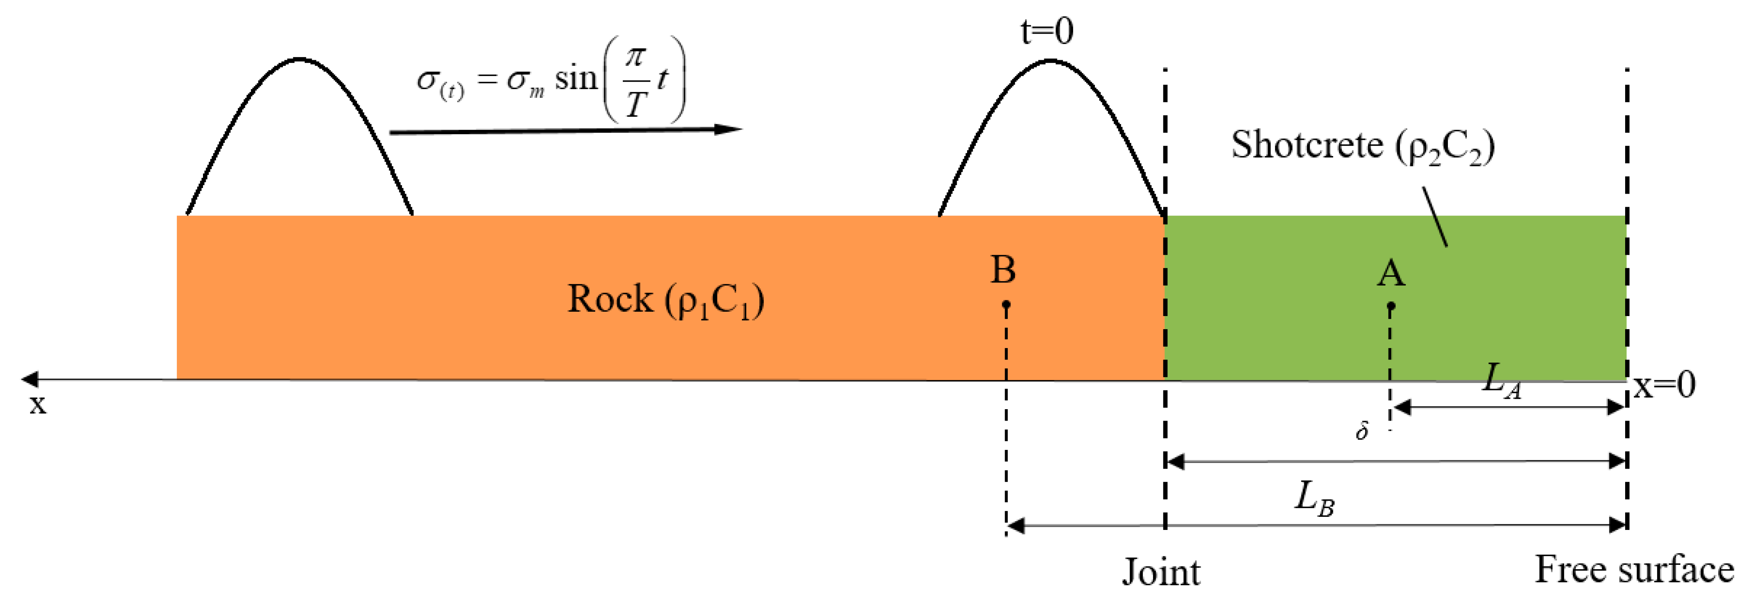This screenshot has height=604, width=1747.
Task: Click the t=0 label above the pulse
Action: point(1047,31)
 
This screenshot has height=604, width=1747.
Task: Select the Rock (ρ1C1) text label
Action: point(665,299)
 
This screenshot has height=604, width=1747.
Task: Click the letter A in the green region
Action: point(1390,274)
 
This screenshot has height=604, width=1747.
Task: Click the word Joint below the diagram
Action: point(1161,572)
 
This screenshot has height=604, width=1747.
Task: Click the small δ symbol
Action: point(1362,430)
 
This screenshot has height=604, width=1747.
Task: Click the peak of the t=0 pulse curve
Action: point(1050,61)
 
